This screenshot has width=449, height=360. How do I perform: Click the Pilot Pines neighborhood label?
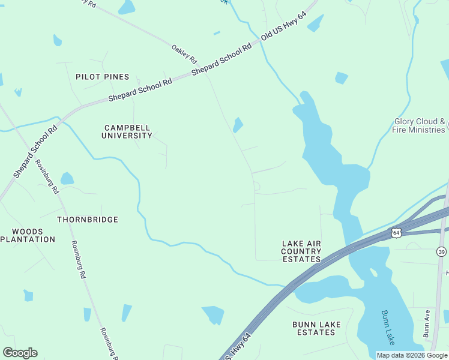click(102, 77)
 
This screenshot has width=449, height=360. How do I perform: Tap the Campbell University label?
click(128, 131)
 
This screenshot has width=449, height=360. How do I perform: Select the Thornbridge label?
click(88, 220)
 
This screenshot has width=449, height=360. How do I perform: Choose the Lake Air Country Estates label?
click(301, 251)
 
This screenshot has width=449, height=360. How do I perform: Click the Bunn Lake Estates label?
click(316, 328)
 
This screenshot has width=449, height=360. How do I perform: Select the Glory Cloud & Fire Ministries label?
click(419, 125)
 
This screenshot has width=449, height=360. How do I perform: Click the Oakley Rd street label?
click(184, 54)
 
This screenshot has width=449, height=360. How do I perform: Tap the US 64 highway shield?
click(396, 232)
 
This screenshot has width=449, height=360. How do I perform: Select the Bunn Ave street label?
click(426, 323)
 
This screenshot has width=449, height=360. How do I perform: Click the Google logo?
click(20, 352)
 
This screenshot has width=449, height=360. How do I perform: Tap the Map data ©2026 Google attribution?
click(412, 355)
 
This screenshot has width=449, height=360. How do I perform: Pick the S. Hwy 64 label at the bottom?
click(238, 354)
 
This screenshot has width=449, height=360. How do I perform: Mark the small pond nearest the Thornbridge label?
click(67, 179)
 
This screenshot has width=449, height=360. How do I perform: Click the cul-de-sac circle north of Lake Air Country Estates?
click(256, 186)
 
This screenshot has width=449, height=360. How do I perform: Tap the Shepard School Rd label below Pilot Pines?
click(140, 91)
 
